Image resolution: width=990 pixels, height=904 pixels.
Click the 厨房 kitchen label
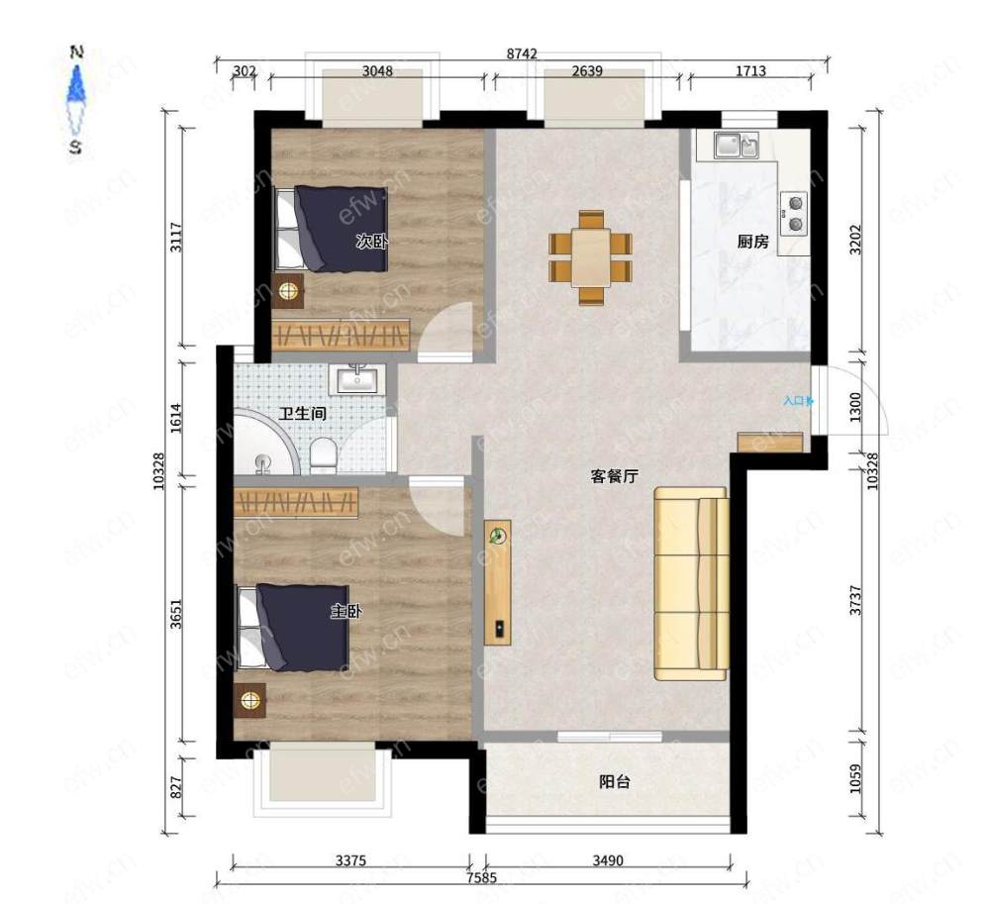click(x=752, y=242)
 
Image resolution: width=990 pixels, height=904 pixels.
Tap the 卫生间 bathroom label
click(x=303, y=414)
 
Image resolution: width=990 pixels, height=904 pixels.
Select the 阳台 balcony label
click(x=615, y=781)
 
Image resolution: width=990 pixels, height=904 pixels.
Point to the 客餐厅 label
click(x=615, y=476)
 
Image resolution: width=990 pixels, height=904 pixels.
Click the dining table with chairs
click(x=590, y=257)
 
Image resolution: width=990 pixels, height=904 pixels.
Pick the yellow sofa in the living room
click(x=691, y=583)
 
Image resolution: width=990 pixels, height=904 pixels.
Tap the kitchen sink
click(x=737, y=146)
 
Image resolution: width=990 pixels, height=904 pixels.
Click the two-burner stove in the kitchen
click(x=794, y=214)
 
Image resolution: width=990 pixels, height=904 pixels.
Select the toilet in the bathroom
click(x=324, y=455)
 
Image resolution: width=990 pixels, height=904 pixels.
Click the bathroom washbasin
click(x=357, y=379)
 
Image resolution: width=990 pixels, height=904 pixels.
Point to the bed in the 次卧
click(x=331, y=229)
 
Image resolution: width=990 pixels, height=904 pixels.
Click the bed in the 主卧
click(x=293, y=627)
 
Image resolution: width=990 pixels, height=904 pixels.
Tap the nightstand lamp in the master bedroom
click(x=250, y=700)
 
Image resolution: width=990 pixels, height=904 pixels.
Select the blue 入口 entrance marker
click(x=798, y=400)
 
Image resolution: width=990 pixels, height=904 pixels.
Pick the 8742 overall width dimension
click(x=522, y=53)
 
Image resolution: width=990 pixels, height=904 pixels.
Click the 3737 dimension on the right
click(x=855, y=600)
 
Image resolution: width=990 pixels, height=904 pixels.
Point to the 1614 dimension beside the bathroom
click(x=176, y=418)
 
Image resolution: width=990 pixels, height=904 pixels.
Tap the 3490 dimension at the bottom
click(x=608, y=859)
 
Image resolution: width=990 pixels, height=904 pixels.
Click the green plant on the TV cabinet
click(x=499, y=536)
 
